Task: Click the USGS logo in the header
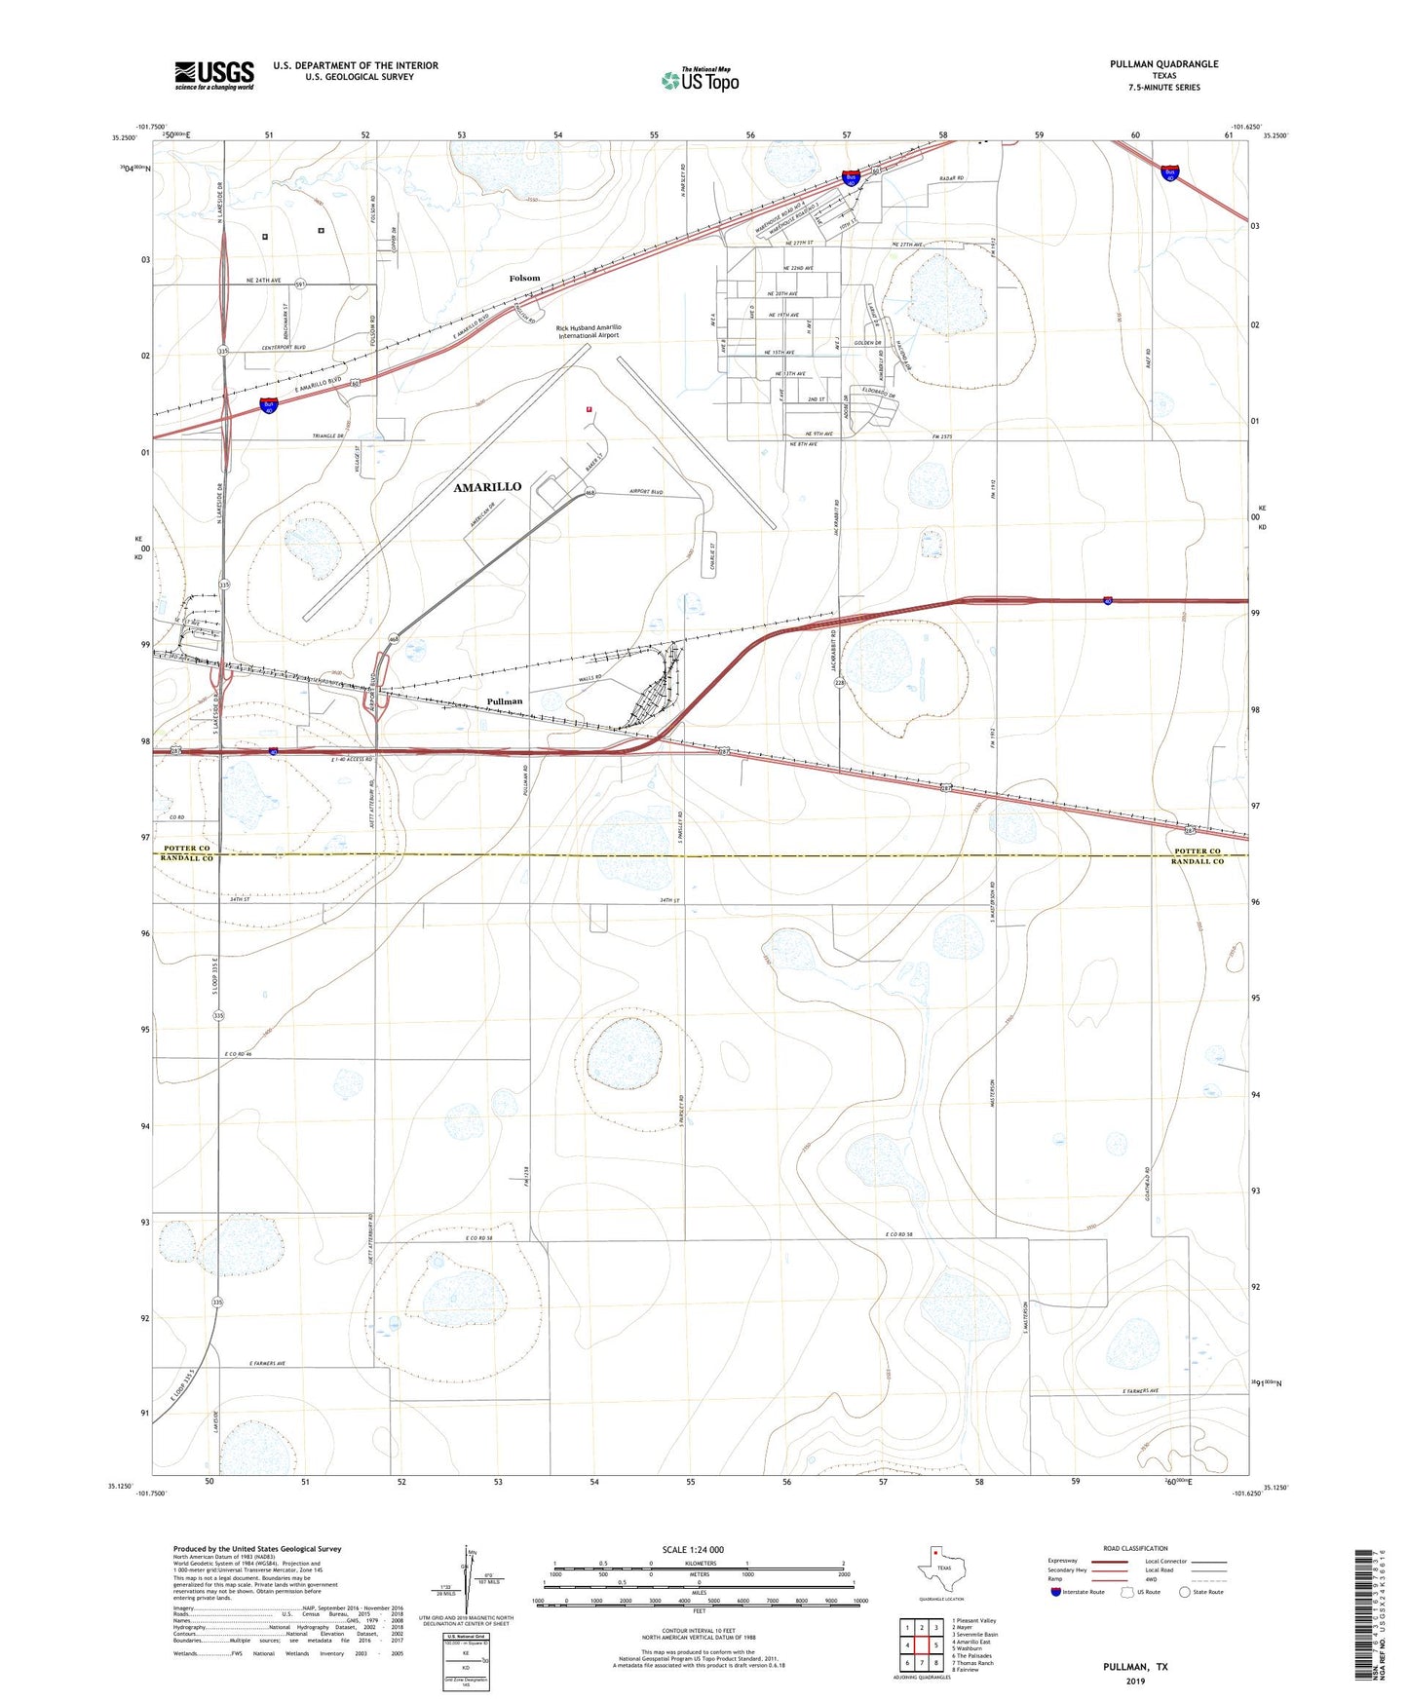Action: click(x=214, y=75)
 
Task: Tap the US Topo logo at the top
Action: click(x=700, y=80)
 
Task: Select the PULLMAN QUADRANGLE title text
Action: click(x=1163, y=64)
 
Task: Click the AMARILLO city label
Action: click(x=487, y=487)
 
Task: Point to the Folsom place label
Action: click(x=524, y=279)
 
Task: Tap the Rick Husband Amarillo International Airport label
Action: click(x=589, y=331)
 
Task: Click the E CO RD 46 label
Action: click(x=238, y=1054)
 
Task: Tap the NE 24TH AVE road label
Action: click(x=263, y=281)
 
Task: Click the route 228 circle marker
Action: click(x=839, y=684)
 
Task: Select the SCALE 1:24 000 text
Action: click(x=693, y=1550)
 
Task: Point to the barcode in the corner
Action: click(x=1367, y=1617)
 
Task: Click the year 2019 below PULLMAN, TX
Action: click(x=1135, y=1682)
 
